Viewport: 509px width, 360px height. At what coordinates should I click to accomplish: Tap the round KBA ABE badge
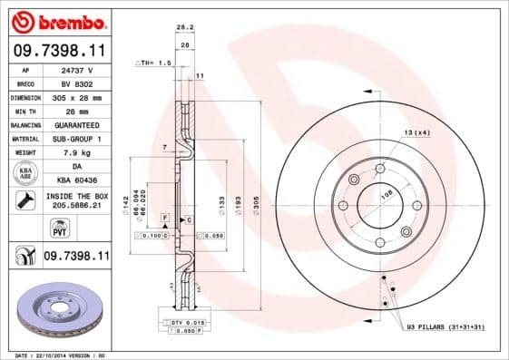[x=24, y=173]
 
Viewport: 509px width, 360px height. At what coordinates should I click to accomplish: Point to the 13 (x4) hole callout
[x=416, y=132]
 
